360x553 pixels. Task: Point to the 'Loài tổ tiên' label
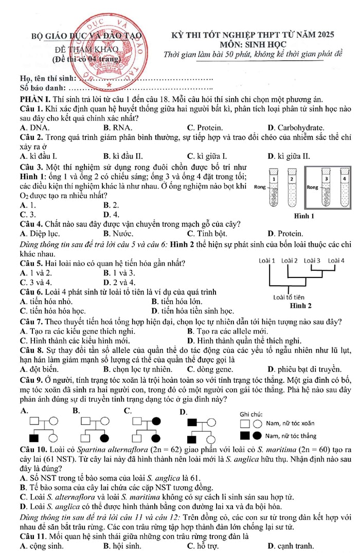(x=289, y=297)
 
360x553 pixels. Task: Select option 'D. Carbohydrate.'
(x=296, y=127)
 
